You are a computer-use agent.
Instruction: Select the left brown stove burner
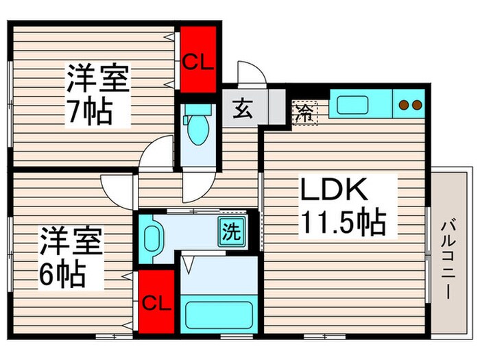[x=405, y=105]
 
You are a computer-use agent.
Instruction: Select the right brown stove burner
[x=416, y=105]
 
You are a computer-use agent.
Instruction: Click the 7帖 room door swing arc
[x=154, y=152]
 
